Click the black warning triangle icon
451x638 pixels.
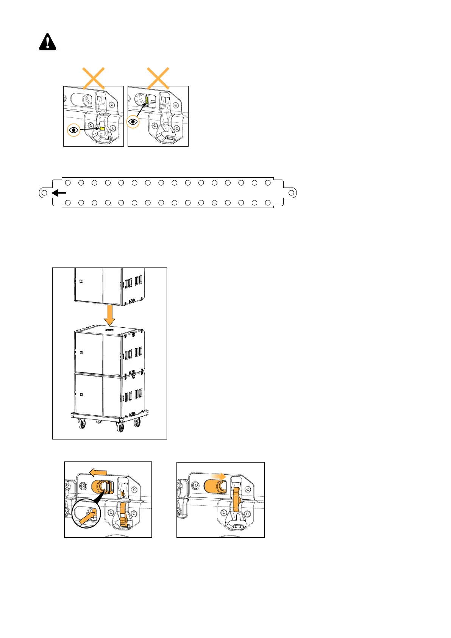pos(47,42)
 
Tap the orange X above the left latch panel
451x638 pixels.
pos(94,78)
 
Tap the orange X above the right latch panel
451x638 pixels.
pos(158,78)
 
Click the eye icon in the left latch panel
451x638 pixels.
pos(74,130)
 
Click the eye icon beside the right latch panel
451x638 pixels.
pos(133,122)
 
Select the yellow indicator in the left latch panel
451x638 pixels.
pos(101,129)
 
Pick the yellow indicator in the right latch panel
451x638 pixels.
pos(147,100)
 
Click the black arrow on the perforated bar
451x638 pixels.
pos(59,193)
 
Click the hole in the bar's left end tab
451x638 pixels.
pos(44,193)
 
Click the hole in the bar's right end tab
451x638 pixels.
pos(291,193)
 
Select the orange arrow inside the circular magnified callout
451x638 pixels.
pos(87,516)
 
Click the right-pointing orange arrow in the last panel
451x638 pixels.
pos(219,475)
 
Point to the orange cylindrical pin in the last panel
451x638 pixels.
pos(215,486)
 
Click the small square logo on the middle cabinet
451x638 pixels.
pos(81,353)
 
